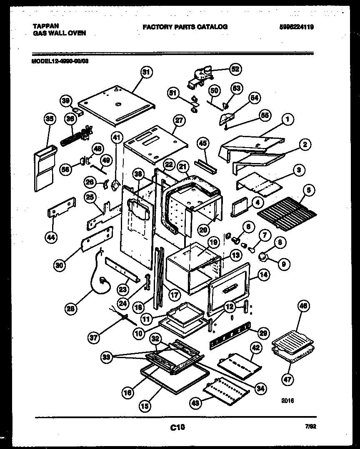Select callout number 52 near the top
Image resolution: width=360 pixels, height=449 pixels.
235,69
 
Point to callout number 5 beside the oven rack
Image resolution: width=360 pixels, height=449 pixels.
309,190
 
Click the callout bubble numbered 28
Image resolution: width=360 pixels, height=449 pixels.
72,309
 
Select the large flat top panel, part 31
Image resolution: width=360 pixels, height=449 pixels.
117,104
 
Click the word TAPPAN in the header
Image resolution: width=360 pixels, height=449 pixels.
46,26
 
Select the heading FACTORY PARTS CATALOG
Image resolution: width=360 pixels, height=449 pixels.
185,27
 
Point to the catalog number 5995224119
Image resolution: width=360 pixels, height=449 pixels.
296,27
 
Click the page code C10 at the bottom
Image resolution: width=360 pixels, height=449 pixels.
177,427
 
